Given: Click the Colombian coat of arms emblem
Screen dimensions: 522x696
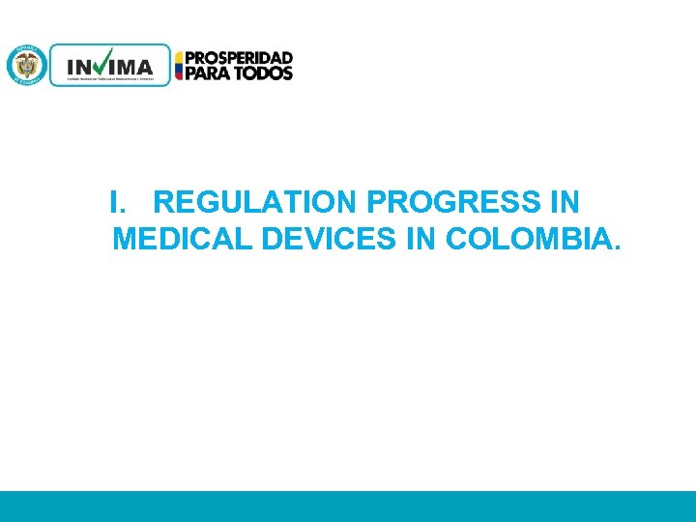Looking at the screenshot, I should point(26,65).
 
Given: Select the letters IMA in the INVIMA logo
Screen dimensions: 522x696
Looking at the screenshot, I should point(133,67).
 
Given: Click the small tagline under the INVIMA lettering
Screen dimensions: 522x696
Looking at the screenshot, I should point(108,79).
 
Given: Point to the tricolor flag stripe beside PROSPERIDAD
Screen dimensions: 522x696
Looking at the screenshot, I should point(179,66).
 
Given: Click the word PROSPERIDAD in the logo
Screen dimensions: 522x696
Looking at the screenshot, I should point(239,58).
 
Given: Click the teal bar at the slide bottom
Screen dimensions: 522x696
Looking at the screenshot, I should point(348,506).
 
